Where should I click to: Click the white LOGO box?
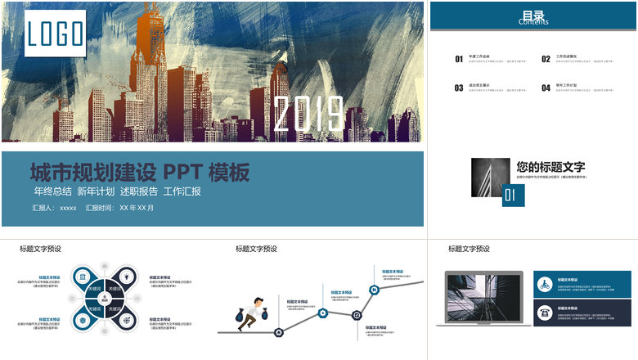(x=55, y=34)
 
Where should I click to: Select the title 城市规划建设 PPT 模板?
(x=139, y=173)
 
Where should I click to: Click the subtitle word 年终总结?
(x=52, y=191)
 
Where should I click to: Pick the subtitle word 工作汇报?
(x=182, y=191)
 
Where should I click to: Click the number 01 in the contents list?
(x=459, y=59)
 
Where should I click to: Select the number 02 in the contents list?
(x=546, y=59)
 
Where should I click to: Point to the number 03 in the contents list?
(x=459, y=88)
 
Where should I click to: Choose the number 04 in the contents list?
(x=546, y=88)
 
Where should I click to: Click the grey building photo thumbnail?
(x=490, y=177)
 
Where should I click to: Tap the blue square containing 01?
(x=512, y=195)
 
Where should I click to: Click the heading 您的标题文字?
(x=556, y=167)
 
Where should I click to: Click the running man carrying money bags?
(x=253, y=315)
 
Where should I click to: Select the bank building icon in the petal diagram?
(x=86, y=277)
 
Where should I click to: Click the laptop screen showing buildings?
(x=483, y=295)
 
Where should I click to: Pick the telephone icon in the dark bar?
(x=544, y=313)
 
